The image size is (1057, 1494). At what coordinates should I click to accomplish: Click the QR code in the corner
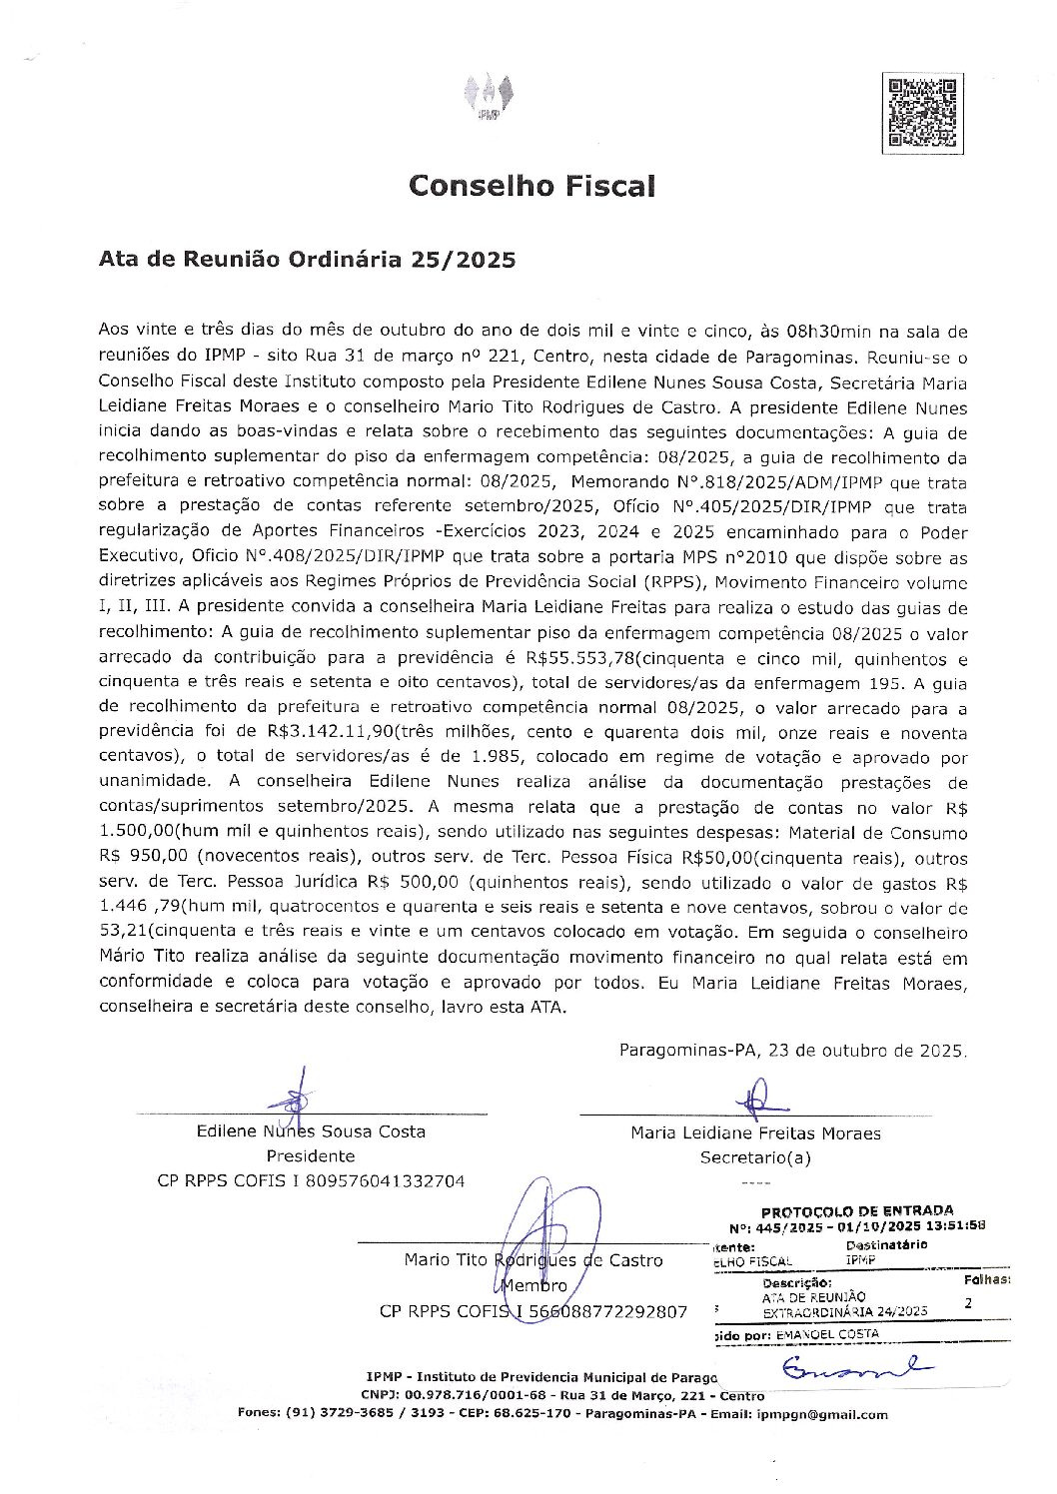pyautogui.click(x=921, y=112)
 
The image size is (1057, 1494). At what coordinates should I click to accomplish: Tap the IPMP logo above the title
pyautogui.click(x=490, y=98)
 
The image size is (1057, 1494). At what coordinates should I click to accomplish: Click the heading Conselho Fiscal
pyautogui.click(x=530, y=186)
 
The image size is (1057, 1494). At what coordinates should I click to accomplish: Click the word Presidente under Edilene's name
pyautogui.click(x=311, y=1155)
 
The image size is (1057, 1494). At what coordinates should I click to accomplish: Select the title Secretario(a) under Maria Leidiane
pyautogui.click(x=755, y=1157)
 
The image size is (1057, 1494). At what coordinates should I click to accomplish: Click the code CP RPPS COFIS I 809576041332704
pyautogui.click(x=311, y=1180)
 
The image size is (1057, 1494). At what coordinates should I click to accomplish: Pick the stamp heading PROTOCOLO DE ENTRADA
pyautogui.click(x=856, y=1210)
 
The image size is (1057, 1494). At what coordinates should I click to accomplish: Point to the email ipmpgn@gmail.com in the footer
pyautogui.click(x=822, y=1414)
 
